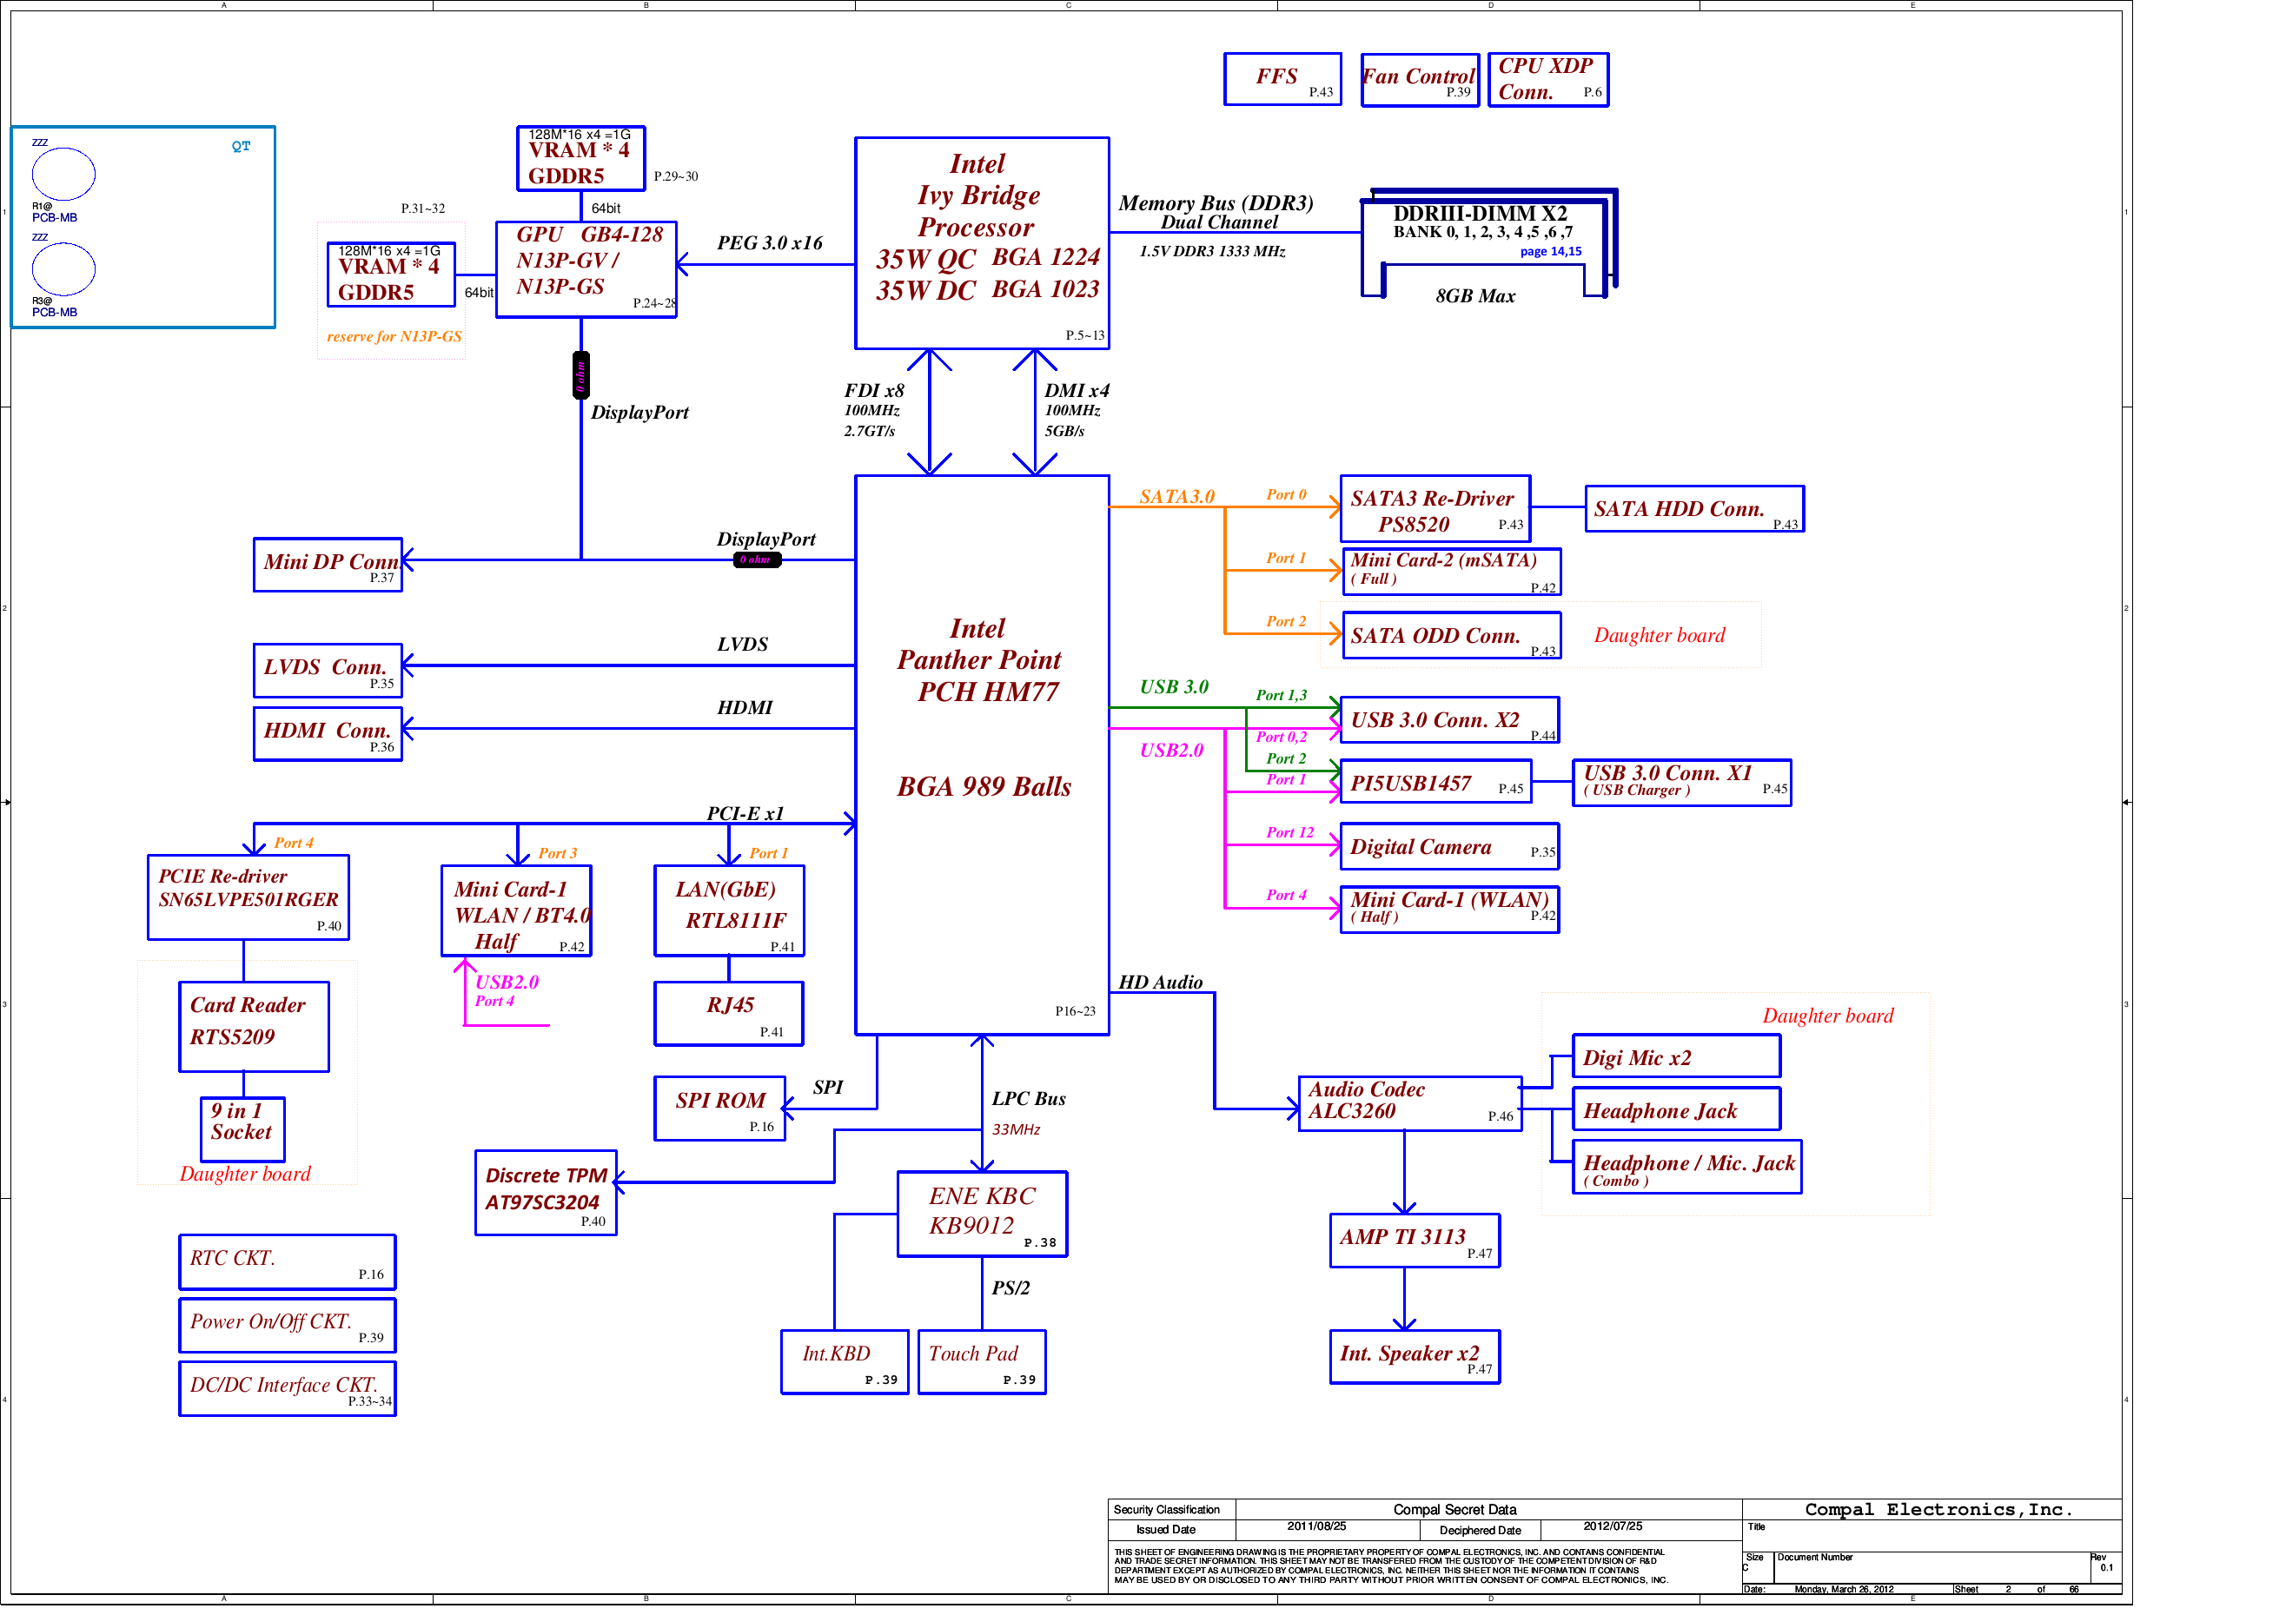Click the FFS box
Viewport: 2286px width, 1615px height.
1282,79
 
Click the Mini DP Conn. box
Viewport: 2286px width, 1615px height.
328,565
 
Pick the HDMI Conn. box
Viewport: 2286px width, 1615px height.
328,734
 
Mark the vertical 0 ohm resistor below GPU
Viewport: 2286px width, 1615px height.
580,374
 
